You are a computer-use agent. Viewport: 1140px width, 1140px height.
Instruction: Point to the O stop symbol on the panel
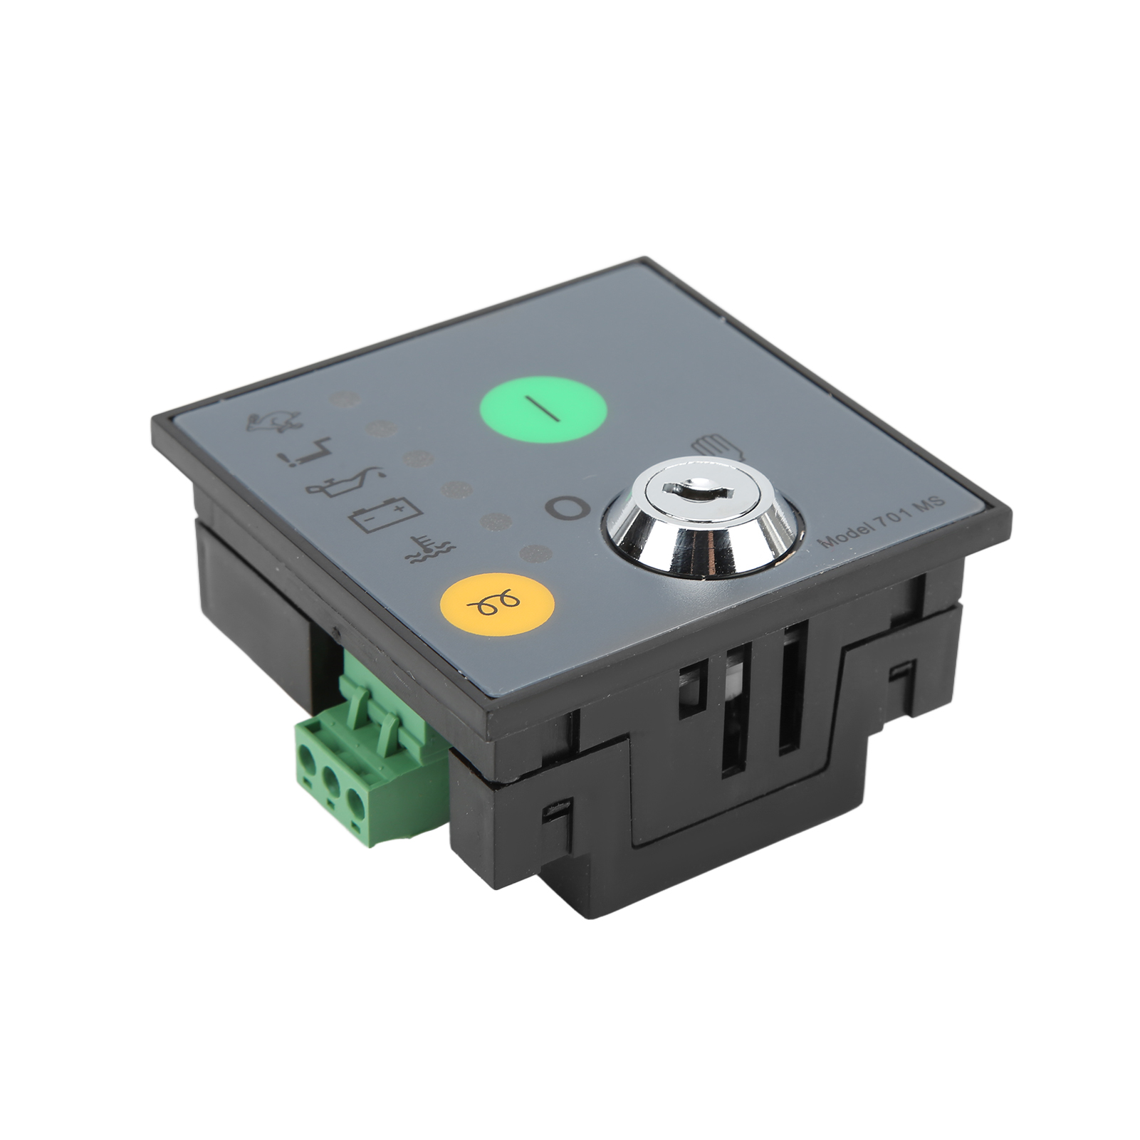568,507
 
